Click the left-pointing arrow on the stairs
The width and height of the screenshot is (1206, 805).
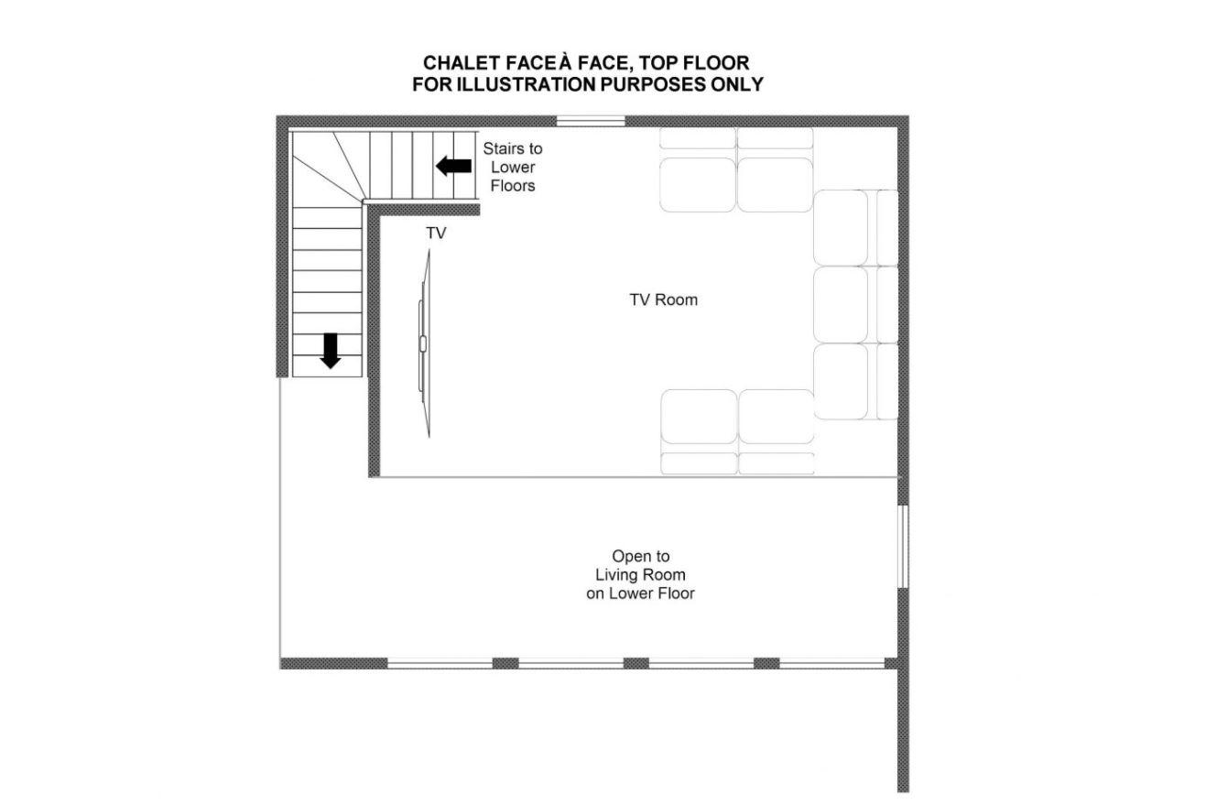tap(453, 166)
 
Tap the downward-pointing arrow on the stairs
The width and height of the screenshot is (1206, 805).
tap(330, 351)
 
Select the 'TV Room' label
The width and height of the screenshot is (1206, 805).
tap(663, 299)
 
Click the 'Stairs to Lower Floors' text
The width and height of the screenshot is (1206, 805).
tap(513, 167)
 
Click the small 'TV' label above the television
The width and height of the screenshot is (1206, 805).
tap(436, 234)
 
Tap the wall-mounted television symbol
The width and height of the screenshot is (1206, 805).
tap(425, 343)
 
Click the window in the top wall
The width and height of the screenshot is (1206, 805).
tap(591, 121)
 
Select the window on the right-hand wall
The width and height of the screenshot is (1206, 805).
tap(904, 546)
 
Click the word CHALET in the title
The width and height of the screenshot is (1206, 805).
tap(462, 63)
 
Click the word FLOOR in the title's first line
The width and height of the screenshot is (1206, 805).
tap(716, 63)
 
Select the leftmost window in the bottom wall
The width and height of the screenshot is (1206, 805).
tap(440, 663)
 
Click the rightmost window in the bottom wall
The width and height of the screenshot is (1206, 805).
tap(831, 663)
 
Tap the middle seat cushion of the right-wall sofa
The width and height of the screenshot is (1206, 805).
tap(841, 305)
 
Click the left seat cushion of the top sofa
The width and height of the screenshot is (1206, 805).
tap(698, 185)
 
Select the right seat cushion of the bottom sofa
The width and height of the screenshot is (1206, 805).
tap(776, 416)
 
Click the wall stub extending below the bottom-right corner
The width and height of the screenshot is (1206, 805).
tap(903, 730)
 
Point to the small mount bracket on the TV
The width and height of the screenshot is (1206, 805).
tap(423, 343)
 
